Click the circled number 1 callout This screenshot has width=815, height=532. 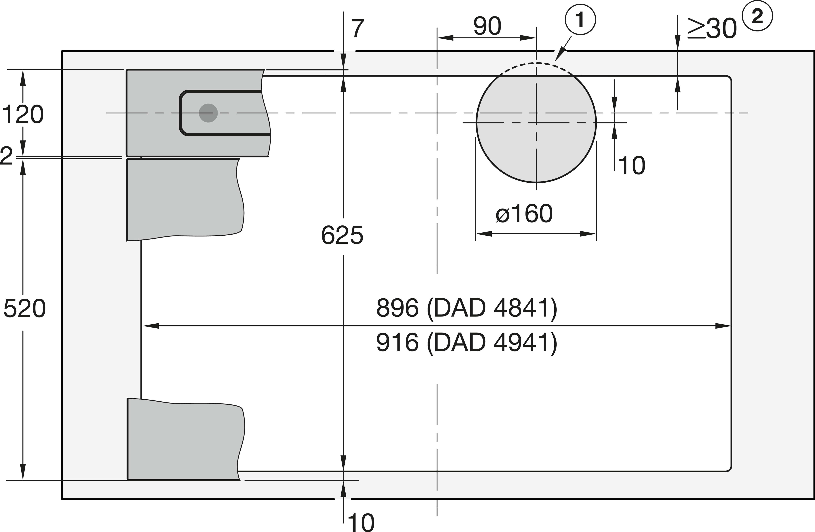(x=580, y=20)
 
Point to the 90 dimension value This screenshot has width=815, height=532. (x=487, y=26)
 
